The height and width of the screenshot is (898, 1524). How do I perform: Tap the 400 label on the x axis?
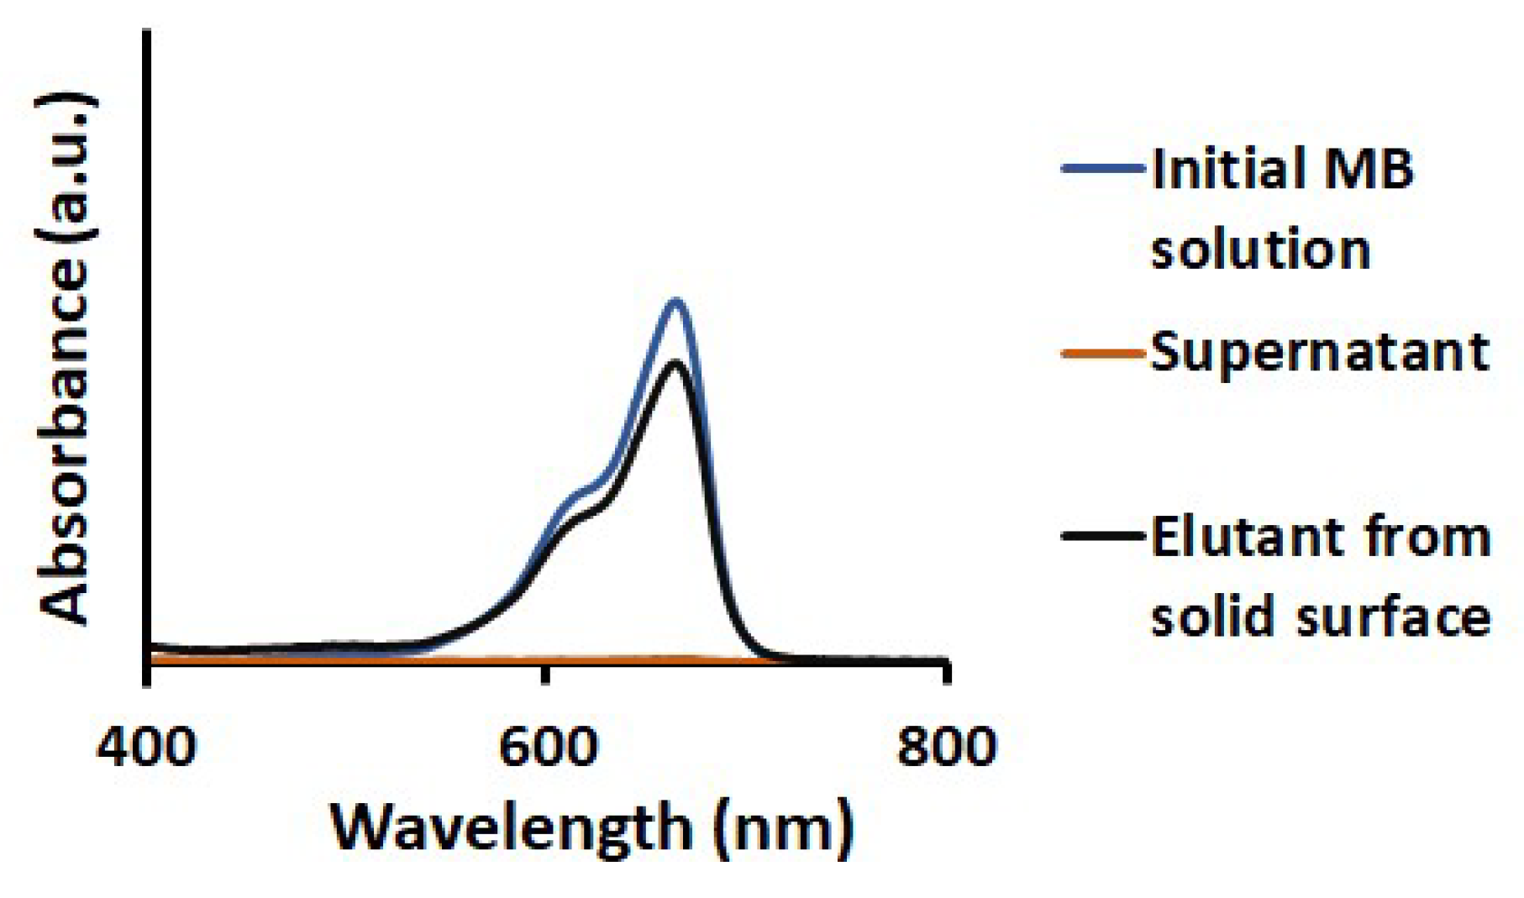pos(147,746)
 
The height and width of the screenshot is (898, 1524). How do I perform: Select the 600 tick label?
pos(548,746)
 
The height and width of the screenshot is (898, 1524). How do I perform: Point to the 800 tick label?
pos(947,746)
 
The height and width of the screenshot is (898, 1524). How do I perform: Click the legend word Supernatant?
pos(1319,353)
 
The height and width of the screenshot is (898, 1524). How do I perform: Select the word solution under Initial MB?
pos(1260,249)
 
